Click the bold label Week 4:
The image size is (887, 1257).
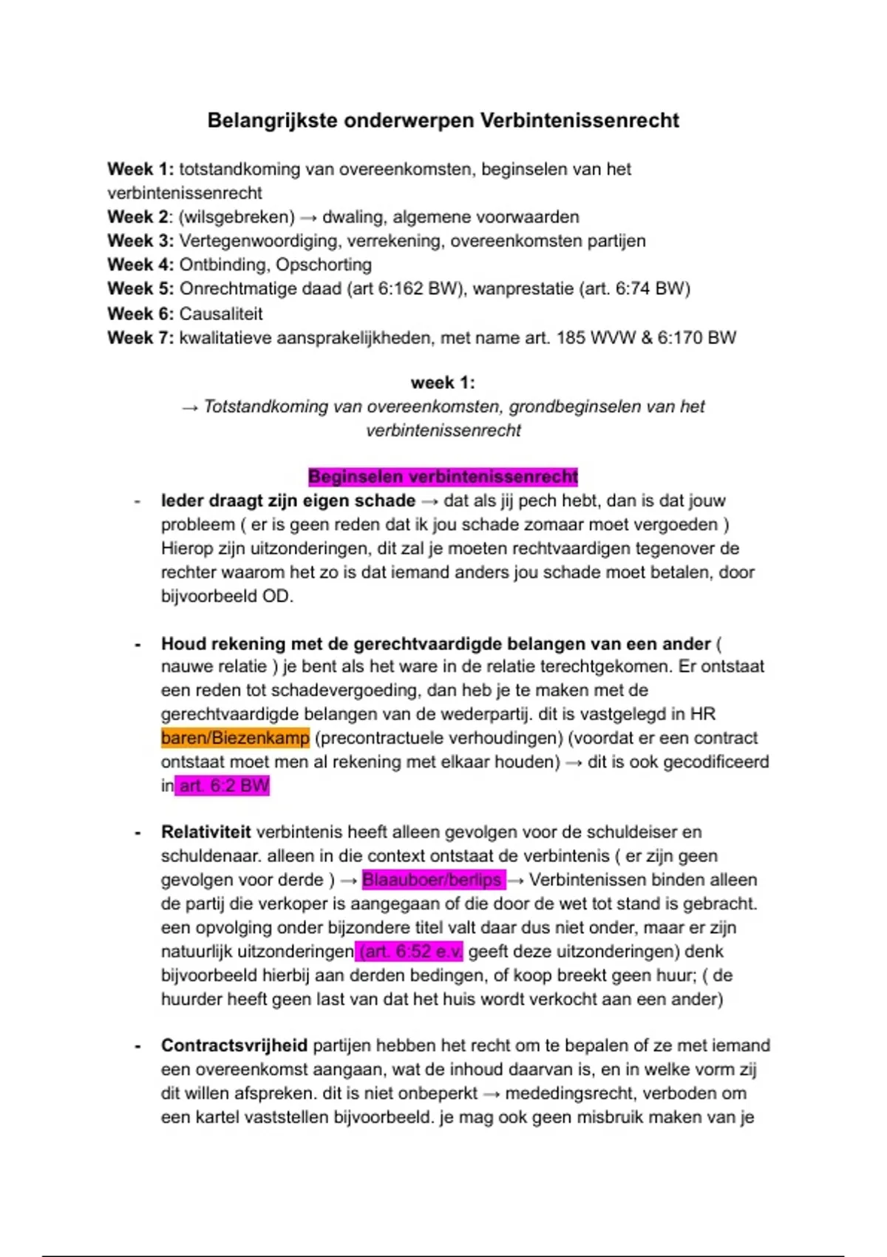140,265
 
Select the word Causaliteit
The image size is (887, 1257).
221,314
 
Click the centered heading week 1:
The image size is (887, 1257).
443,382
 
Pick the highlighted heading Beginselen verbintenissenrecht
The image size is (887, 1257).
443,477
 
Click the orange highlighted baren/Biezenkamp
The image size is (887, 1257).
235,738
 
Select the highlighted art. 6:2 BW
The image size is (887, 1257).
223,785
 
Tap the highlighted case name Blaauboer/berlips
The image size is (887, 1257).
432,880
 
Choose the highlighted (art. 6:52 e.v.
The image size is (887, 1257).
409,952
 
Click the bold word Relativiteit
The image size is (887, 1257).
205,833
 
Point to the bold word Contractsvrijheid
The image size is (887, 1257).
234,1046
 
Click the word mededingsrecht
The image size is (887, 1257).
588,1094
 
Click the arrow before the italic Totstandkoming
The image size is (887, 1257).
190,407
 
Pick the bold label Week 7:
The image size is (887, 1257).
140,338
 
